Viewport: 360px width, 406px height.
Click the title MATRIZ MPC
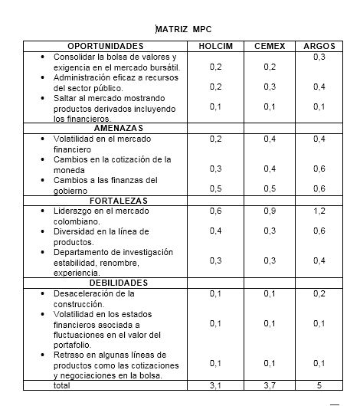click(x=179, y=29)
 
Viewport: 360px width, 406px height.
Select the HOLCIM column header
click(x=215, y=47)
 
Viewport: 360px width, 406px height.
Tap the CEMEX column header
click(x=270, y=47)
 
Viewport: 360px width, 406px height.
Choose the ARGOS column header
click(x=320, y=47)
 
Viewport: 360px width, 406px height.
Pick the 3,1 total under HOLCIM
click(x=215, y=386)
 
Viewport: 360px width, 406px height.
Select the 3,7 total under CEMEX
click(x=270, y=386)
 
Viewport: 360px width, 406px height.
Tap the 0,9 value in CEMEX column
click(x=270, y=211)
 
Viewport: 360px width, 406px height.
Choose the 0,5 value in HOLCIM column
click(x=215, y=188)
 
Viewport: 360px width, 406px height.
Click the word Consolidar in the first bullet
click(x=74, y=57)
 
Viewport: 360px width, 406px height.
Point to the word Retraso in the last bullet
click(x=67, y=354)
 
